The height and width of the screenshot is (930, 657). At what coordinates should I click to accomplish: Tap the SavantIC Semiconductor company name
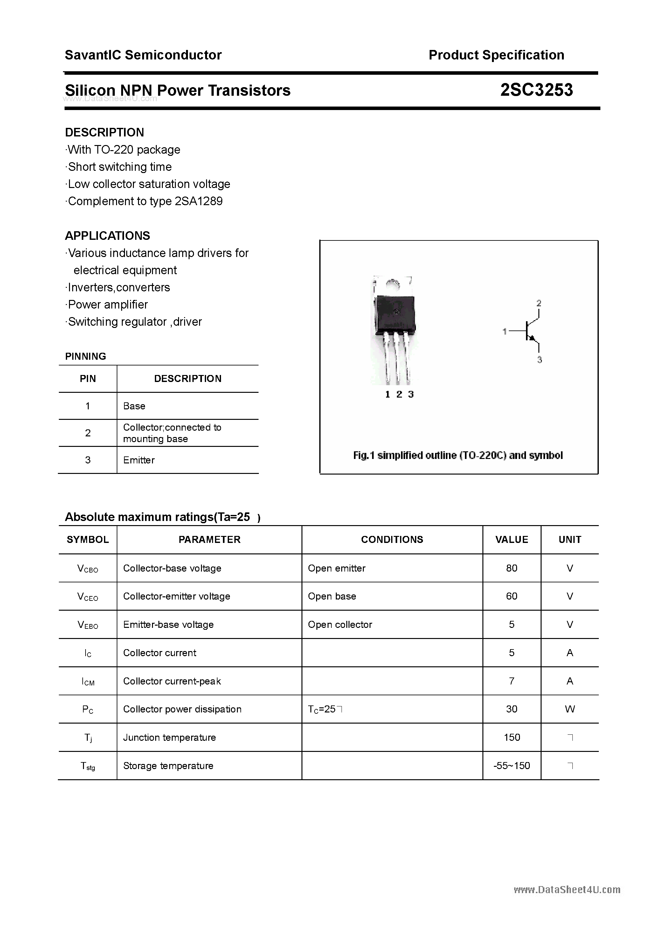(x=143, y=55)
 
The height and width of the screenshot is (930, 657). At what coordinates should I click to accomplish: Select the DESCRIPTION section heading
(x=105, y=132)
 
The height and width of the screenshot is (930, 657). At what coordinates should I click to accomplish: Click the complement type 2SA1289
(x=198, y=201)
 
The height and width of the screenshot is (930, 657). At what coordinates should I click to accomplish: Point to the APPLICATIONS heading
(x=107, y=236)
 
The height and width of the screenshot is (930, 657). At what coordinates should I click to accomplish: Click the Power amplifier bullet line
(x=107, y=305)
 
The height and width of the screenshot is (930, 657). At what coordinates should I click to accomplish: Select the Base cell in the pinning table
(x=134, y=406)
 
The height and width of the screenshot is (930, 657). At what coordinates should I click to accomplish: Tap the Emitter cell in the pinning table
(x=139, y=460)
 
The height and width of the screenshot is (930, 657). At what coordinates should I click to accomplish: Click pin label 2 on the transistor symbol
(x=539, y=303)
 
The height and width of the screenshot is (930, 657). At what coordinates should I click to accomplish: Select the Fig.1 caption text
(x=458, y=455)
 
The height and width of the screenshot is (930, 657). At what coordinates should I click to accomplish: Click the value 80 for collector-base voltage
(x=512, y=568)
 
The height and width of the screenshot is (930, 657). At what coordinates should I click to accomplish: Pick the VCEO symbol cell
(x=87, y=597)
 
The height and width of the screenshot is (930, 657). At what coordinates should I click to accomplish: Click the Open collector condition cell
(x=340, y=625)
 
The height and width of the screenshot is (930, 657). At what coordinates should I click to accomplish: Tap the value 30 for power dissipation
(x=512, y=709)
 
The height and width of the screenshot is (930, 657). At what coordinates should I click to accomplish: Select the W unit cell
(x=570, y=709)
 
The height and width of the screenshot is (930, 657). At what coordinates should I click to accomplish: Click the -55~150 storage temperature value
(x=512, y=766)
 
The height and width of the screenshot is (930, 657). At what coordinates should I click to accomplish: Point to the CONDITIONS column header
(x=392, y=539)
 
